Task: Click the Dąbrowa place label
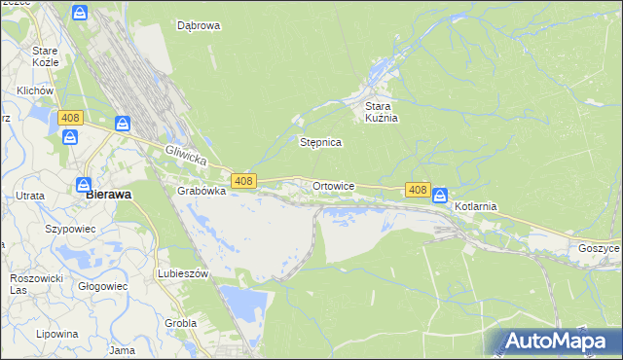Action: pyautogui.click(x=199, y=26)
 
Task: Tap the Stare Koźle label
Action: pyautogui.click(x=45, y=55)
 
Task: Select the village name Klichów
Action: pyautogui.click(x=33, y=90)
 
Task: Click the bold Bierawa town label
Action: pyautogui.click(x=109, y=194)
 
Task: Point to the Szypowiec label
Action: pyautogui.click(x=68, y=230)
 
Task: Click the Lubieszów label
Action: pyautogui.click(x=183, y=274)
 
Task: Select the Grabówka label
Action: pyautogui.click(x=202, y=192)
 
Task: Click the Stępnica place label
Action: pyautogui.click(x=319, y=142)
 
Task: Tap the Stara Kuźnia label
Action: pyautogui.click(x=383, y=112)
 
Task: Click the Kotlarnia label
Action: pyautogui.click(x=476, y=207)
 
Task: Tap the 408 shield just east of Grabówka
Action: pyautogui.click(x=243, y=181)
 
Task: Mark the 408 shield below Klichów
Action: pyautogui.click(x=69, y=118)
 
